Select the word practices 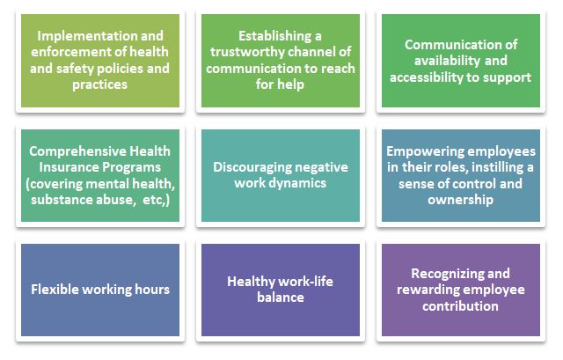pos(99,85)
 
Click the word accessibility pos(426,77)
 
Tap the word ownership pos(460,200)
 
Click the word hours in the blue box pos(152,290)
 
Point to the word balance pos(281,298)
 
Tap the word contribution pos(460,306)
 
